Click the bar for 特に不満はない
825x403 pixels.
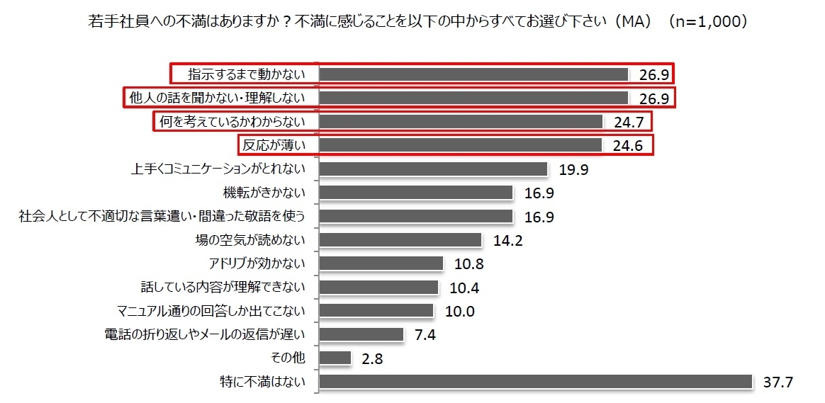point(535,382)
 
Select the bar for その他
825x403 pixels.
point(335,358)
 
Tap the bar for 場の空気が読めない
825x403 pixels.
point(400,239)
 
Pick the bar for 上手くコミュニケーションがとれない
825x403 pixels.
point(433,169)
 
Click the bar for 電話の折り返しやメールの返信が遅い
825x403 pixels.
point(361,334)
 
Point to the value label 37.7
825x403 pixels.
point(778,382)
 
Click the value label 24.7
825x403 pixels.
point(628,122)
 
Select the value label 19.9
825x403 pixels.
point(573,169)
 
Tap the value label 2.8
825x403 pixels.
point(373,358)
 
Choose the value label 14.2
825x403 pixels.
point(507,240)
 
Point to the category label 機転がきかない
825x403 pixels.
point(264,192)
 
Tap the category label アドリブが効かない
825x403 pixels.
point(257,263)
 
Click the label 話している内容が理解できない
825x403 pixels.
point(223,287)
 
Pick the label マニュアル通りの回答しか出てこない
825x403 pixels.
point(211,310)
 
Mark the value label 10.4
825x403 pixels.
point(464,288)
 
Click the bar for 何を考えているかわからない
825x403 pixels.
point(461,121)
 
